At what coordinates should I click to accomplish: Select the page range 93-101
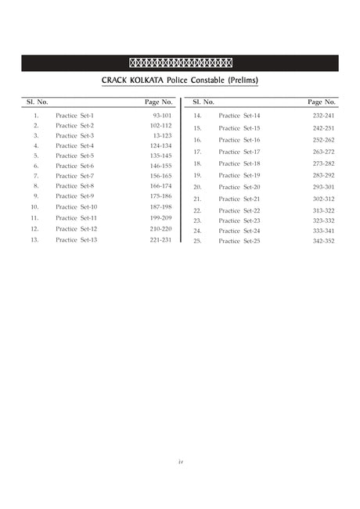(x=162, y=116)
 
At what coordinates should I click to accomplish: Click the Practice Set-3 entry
(x=74, y=136)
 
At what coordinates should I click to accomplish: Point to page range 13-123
(x=162, y=136)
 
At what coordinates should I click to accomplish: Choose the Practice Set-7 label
(x=74, y=176)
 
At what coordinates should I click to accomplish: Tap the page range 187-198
(x=161, y=206)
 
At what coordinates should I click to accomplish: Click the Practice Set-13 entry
(x=76, y=240)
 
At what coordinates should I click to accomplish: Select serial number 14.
(x=198, y=116)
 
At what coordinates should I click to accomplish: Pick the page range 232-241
(x=323, y=116)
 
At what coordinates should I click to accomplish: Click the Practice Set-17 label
(x=239, y=152)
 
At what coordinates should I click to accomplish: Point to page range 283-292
(x=323, y=175)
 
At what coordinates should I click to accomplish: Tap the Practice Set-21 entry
(x=239, y=199)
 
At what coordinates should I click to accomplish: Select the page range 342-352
(x=323, y=241)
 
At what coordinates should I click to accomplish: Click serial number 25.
(x=198, y=241)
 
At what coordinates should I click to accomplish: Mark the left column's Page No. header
(x=159, y=102)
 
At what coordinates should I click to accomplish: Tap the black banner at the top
(x=180, y=63)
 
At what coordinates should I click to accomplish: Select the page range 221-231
(x=161, y=240)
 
